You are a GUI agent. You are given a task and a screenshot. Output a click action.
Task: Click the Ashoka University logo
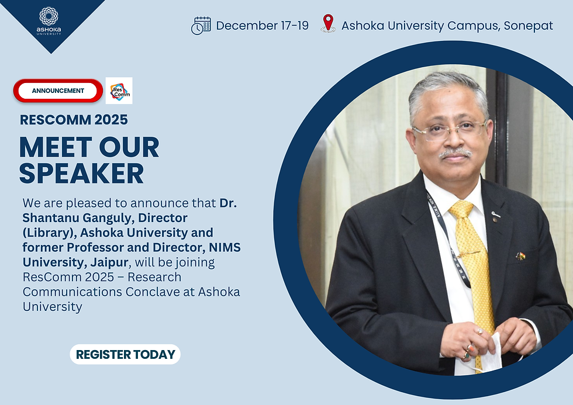point(49,20)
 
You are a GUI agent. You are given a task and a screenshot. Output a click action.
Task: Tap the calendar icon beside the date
point(201,26)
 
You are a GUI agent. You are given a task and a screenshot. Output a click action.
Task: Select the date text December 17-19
point(262,26)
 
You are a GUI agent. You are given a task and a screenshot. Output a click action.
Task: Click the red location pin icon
point(328,23)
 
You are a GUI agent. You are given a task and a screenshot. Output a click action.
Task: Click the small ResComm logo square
point(119,91)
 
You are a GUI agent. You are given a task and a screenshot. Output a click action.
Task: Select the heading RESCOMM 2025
point(74,120)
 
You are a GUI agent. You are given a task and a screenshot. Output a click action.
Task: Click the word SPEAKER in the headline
point(81,173)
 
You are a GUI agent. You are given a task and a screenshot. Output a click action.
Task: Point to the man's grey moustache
point(455,153)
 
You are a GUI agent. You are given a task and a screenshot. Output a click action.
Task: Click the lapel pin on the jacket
point(520,256)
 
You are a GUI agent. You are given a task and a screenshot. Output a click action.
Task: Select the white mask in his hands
point(490,354)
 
